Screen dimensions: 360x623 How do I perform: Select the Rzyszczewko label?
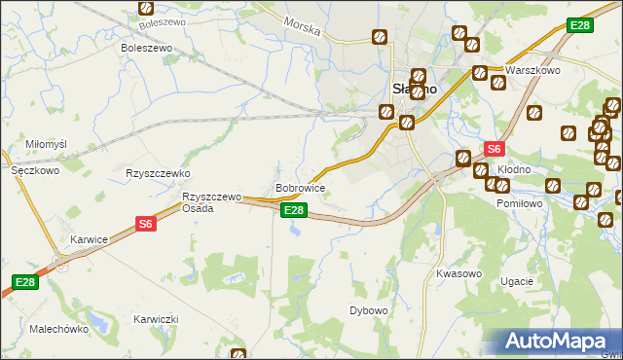[x=157, y=172]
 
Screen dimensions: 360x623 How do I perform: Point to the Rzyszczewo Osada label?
[x=211, y=202]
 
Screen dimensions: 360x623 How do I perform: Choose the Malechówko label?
[x=59, y=329]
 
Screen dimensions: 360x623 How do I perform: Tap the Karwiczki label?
[x=156, y=319]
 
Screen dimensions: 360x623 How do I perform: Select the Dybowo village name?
[x=369, y=310]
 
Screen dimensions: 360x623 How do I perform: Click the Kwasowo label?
[x=459, y=273]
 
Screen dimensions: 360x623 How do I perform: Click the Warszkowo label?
[x=536, y=71]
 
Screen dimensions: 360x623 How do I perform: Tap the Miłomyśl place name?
[x=46, y=144]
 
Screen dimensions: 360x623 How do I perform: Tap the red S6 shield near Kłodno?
[x=494, y=149]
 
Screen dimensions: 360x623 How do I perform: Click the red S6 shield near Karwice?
[x=145, y=224]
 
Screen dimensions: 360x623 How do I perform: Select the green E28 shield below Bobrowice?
[x=294, y=210]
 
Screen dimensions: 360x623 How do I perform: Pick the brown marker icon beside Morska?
[x=379, y=38]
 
